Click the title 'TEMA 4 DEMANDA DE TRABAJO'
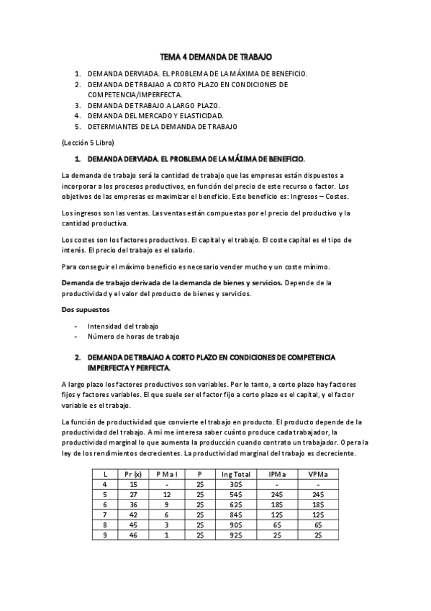(216, 55)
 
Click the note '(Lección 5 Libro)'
(88, 142)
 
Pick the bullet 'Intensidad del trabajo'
(123, 326)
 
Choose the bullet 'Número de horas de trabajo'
(133, 336)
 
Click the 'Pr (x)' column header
(133, 473)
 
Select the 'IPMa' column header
(276, 473)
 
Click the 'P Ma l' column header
(166, 473)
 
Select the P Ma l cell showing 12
(166, 494)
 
